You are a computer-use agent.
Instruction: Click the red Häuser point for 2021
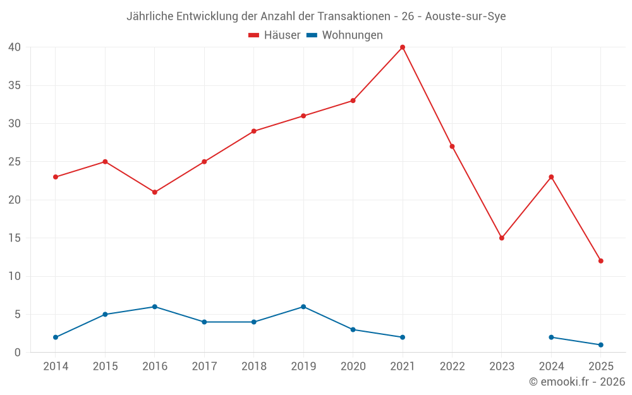(x=403, y=47)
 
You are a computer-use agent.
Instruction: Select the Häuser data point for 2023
(x=502, y=238)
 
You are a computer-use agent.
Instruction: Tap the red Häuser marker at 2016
(x=155, y=192)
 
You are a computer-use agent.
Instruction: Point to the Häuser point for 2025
(x=600, y=261)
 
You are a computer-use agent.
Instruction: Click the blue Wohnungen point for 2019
(x=303, y=307)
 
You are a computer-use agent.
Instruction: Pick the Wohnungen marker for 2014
(x=56, y=337)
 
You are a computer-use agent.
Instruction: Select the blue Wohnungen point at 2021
(x=403, y=337)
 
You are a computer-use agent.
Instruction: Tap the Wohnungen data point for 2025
(x=600, y=345)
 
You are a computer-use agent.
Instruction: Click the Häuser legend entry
(x=274, y=35)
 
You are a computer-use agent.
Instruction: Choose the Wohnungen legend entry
(x=344, y=35)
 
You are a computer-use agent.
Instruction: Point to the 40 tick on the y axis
(x=15, y=47)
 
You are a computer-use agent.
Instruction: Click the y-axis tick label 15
(x=15, y=238)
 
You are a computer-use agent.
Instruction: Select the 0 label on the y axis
(x=18, y=353)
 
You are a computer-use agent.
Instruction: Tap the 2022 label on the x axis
(x=452, y=367)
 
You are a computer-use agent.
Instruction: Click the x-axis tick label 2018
(x=254, y=367)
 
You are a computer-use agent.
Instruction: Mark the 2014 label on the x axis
(x=56, y=367)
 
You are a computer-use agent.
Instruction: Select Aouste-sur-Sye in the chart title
(x=465, y=16)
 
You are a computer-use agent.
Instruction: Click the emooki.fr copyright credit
(x=577, y=382)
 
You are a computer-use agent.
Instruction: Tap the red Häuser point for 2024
(x=551, y=177)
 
